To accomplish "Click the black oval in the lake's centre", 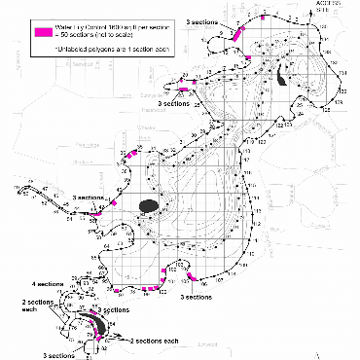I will pos(149,205).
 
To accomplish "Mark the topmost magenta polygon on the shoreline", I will pos(240,29).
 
